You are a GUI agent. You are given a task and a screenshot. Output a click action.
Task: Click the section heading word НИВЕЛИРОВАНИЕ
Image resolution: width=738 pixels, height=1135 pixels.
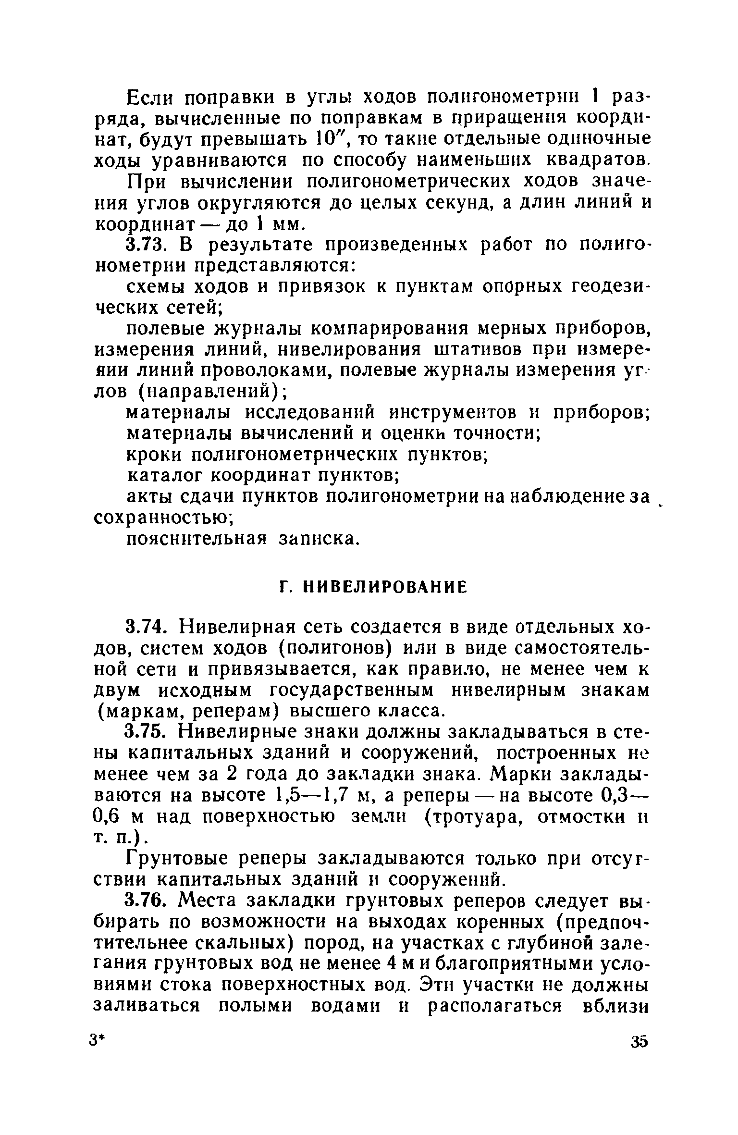pyautogui.click(x=386, y=587)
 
